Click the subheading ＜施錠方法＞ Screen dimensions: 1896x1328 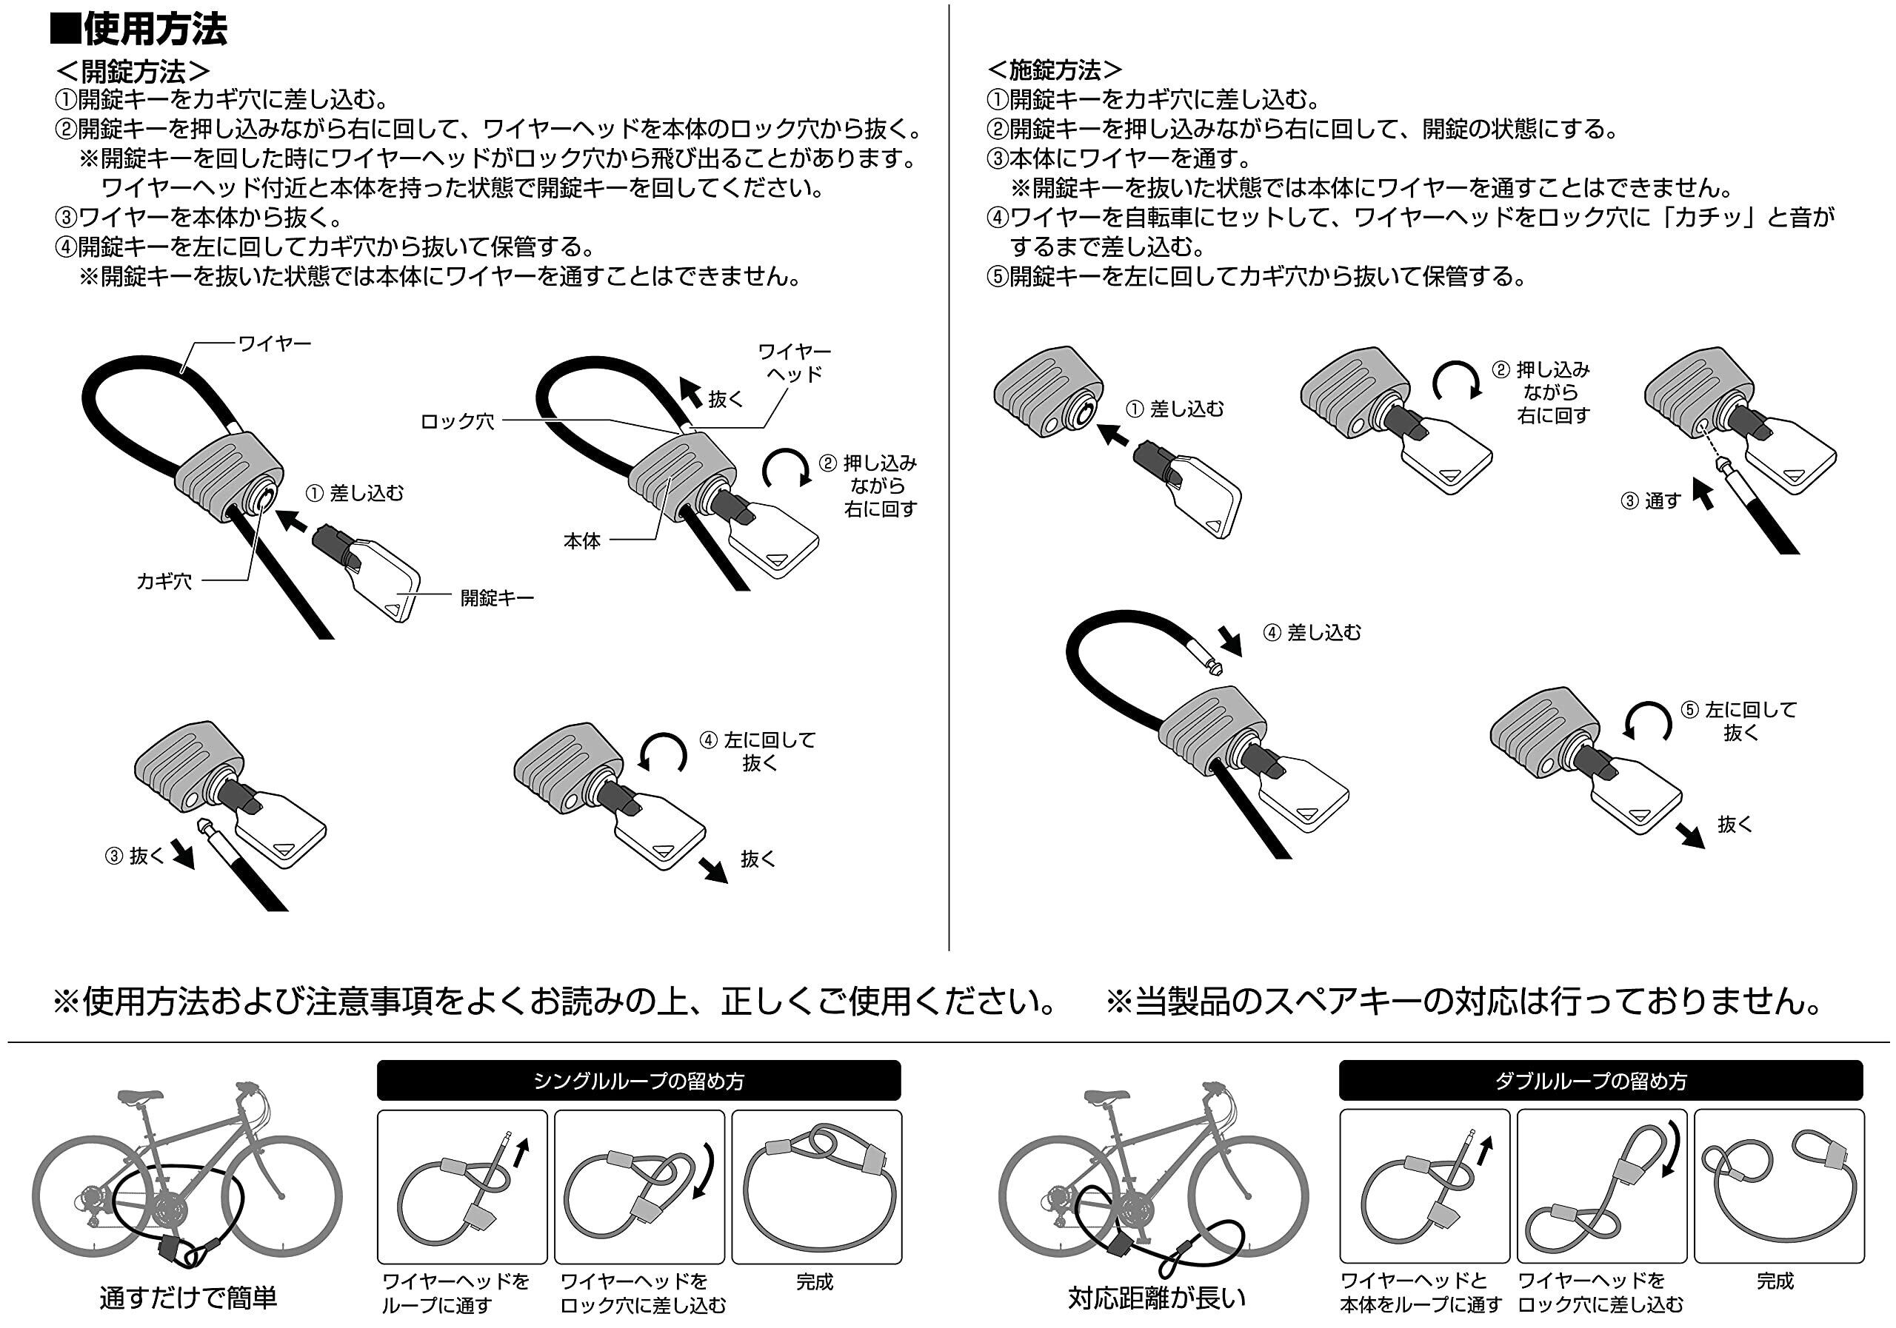(1055, 70)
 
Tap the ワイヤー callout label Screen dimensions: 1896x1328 (274, 343)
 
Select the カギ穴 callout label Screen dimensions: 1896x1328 (164, 581)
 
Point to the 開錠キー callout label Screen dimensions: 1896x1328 (497, 597)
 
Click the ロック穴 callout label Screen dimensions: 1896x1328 (457, 422)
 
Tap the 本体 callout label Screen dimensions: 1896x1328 (581, 540)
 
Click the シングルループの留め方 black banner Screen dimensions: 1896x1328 (638, 1081)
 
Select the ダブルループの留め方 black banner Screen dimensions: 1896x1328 (1600, 1081)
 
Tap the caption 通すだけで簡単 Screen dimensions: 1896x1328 (188, 1298)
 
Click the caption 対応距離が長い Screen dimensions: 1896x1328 (1155, 1298)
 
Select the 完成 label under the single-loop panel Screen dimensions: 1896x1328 (814, 1282)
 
